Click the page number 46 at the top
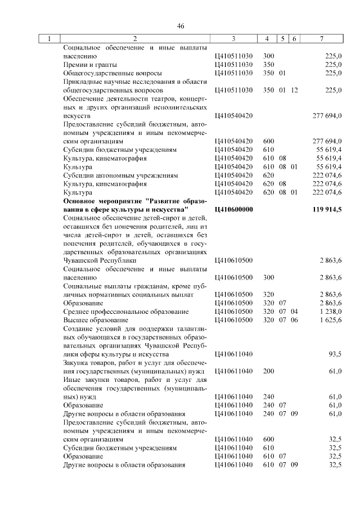[181, 26]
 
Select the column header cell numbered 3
[233, 39]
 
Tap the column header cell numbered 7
[321, 39]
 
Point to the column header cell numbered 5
[283, 39]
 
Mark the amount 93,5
[335, 355]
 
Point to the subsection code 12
[294, 90]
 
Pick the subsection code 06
[294, 319]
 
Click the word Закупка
[78, 363]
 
